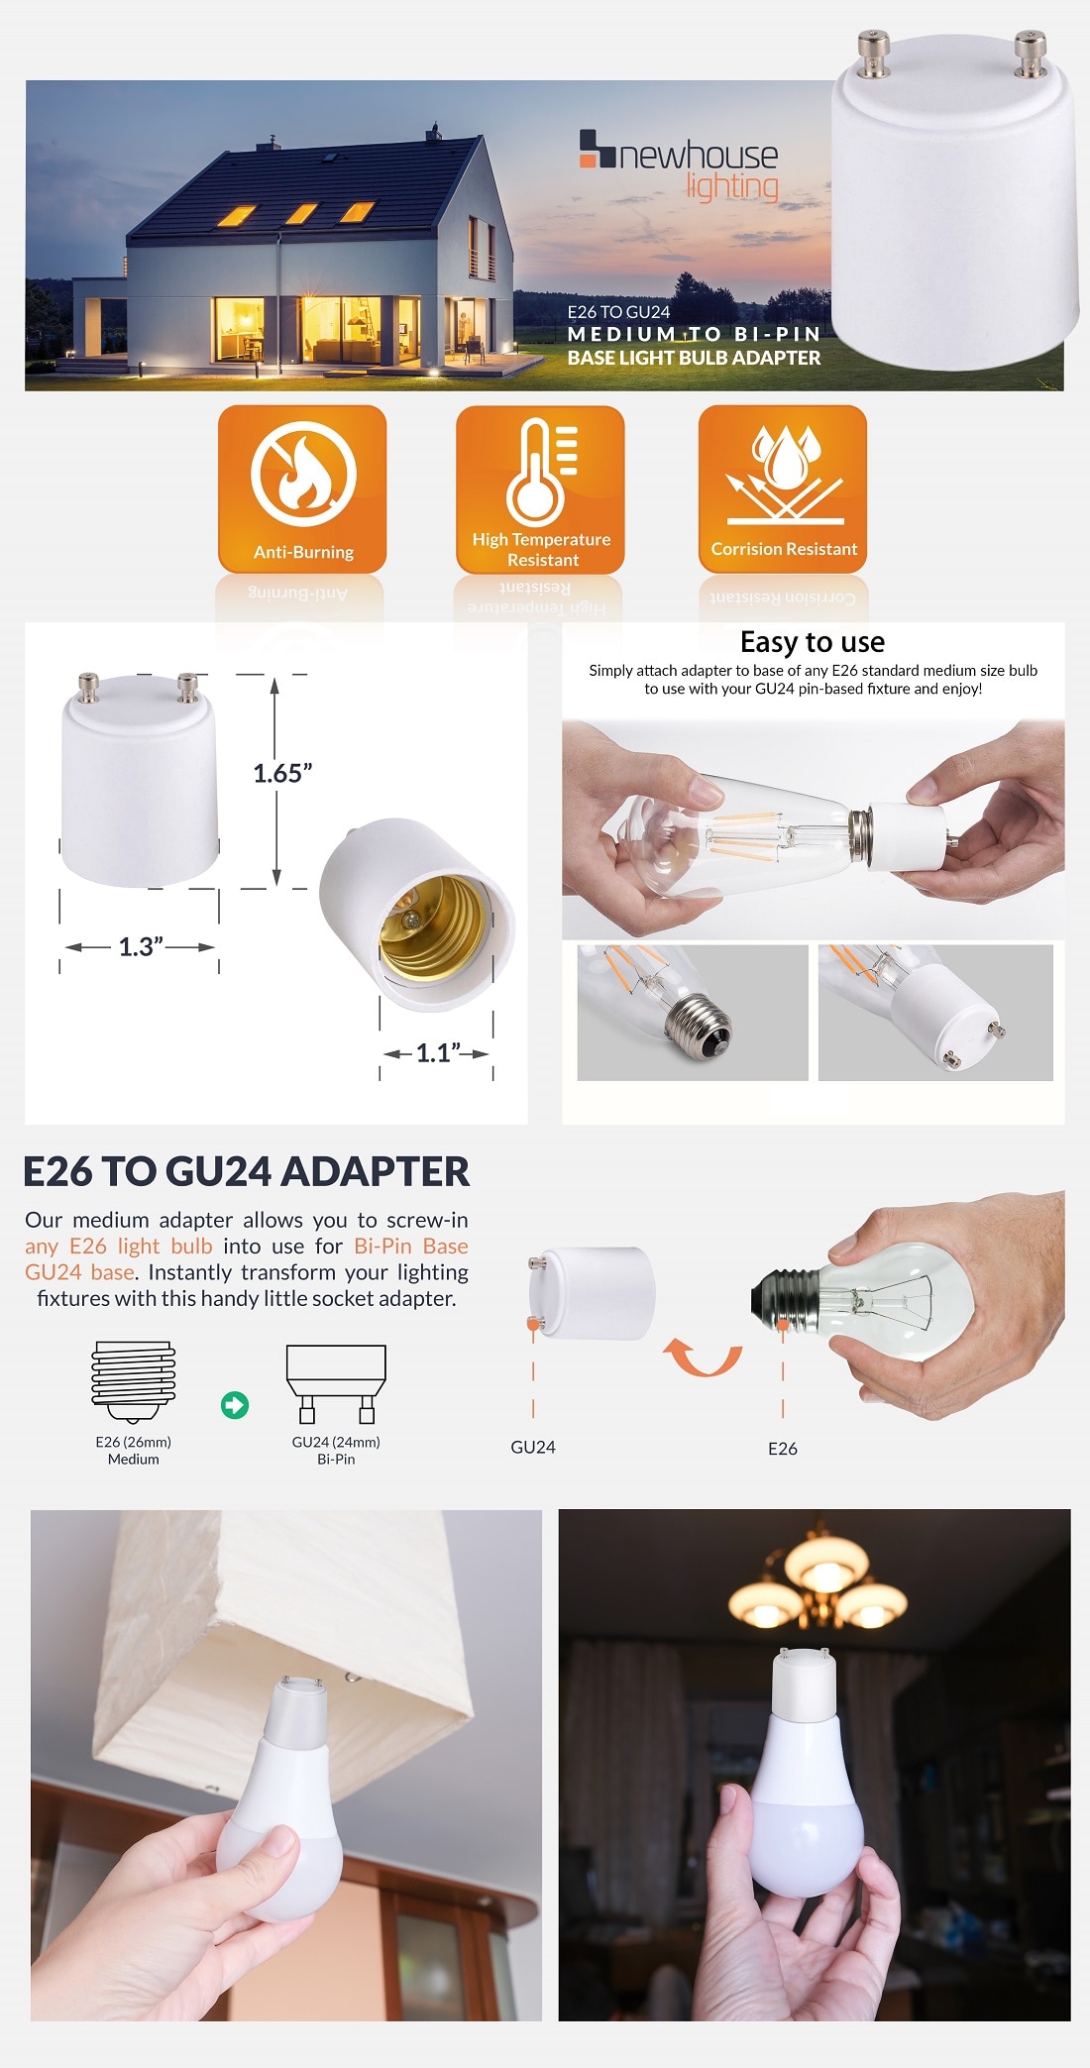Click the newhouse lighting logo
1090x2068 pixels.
(680, 164)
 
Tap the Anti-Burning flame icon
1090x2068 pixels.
(303, 474)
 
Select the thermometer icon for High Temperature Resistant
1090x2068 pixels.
(539, 472)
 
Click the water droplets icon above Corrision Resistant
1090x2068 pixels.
(785, 457)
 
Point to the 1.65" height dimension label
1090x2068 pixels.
(282, 774)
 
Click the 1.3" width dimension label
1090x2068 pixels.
(141, 947)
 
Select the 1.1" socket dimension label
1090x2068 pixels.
(437, 1053)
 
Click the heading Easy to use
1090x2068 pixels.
(813, 642)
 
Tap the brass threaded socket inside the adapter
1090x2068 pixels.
(432, 926)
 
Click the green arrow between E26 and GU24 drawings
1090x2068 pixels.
(235, 1405)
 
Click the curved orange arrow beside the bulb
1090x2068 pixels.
(703, 1358)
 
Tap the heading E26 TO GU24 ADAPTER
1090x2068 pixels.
(247, 1171)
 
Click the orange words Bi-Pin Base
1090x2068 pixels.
(411, 1247)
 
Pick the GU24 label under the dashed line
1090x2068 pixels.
(533, 1448)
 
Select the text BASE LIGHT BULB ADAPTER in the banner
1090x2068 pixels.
(694, 358)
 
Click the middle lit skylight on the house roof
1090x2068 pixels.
(301, 213)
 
